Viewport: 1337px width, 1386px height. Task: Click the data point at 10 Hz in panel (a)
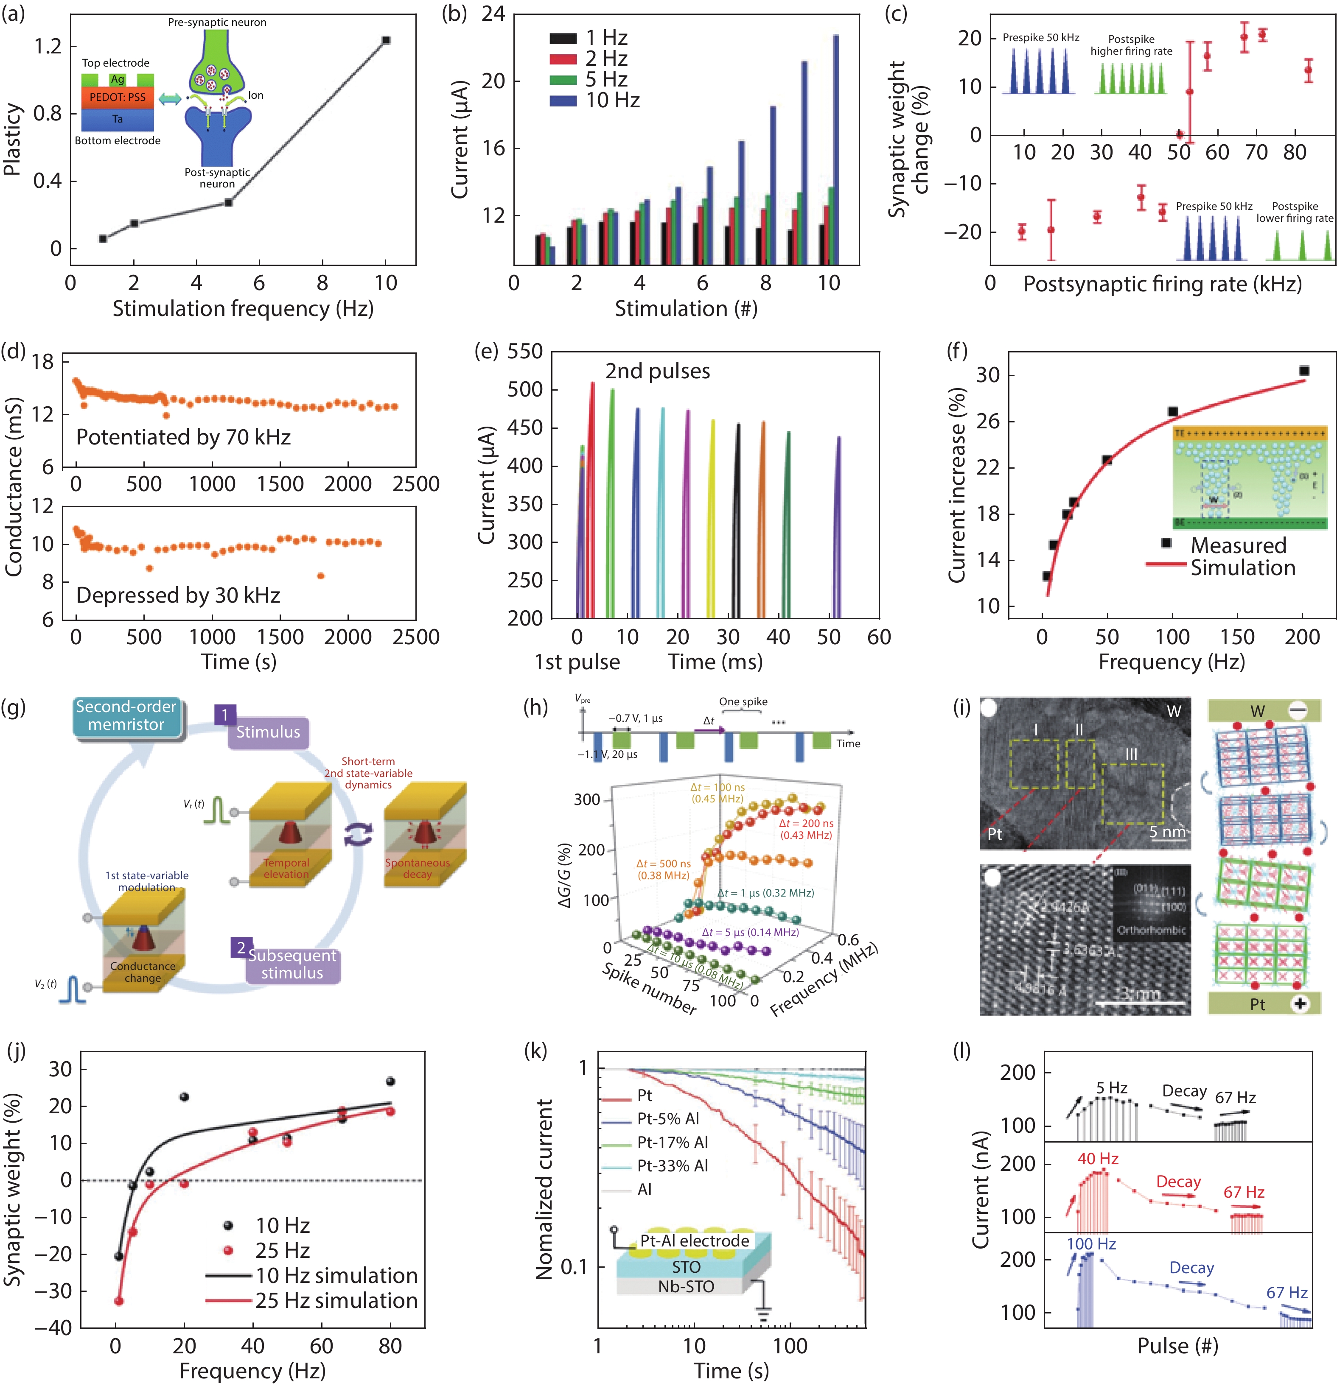(x=386, y=40)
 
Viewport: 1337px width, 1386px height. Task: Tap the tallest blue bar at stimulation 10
(x=835, y=148)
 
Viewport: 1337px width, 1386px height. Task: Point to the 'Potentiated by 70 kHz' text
(x=183, y=437)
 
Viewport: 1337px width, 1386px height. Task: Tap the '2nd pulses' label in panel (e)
(x=657, y=371)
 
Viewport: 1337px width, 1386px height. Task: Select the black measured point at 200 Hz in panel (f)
(x=1304, y=371)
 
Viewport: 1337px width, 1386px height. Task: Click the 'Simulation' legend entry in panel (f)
(x=1242, y=568)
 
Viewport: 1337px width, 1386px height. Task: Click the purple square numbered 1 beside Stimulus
(x=225, y=715)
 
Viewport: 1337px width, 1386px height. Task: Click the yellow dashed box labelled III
(x=1132, y=794)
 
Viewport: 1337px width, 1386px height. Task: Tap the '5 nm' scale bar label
(x=1166, y=832)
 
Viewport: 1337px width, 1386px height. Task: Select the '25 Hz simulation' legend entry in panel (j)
(x=336, y=1300)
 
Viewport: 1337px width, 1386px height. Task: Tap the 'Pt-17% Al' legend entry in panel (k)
(x=672, y=1142)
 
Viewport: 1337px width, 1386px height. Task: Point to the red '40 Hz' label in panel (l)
(x=1098, y=1159)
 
